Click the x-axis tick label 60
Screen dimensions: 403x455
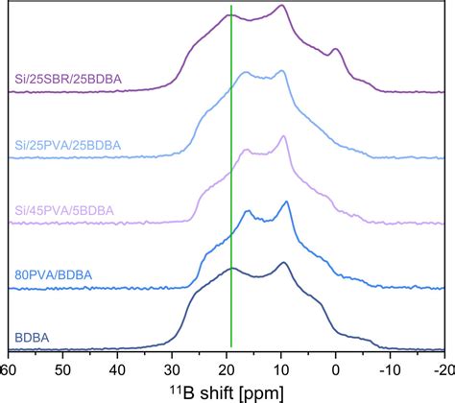click(8, 369)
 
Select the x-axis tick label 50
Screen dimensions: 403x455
click(62, 369)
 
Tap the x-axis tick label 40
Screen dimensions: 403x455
click(117, 369)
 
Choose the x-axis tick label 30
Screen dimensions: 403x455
click(172, 369)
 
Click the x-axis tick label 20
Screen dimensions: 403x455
click(227, 369)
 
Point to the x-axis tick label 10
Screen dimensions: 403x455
click(281, 369)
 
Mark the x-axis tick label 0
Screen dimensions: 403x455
click(336, 369)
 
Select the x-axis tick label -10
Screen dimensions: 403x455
click(389, 369)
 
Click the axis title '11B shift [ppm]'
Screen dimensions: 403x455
click(227, 391)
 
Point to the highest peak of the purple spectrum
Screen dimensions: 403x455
click(281, 6)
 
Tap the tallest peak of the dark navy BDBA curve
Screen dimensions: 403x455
click(283, 262)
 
